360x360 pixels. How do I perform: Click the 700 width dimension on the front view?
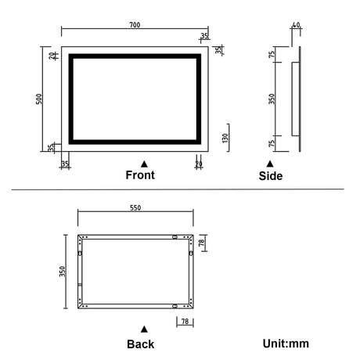[x=135, y=26]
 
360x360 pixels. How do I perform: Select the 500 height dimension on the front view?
[x=38, y=99]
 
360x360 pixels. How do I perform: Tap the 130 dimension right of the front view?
[x=224, y=138]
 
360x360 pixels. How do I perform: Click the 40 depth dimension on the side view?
[x=296, y=26]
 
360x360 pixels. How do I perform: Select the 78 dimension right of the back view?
[x=201, y=244]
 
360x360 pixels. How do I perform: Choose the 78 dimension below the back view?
[x=185, y=321]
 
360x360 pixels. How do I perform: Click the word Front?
[x=140, y=175]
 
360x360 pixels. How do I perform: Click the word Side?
[x=271, y=176]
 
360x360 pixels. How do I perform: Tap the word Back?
[x=140, y=344]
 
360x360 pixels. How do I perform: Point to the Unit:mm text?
[x=287, y=343]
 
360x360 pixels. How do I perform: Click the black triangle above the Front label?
[x=143, y=163]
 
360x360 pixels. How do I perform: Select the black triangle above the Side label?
[x=270, y=164]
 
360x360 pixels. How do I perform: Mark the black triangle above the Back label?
[x=142, y=329]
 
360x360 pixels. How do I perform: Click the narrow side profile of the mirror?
[x=296, y=99]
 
